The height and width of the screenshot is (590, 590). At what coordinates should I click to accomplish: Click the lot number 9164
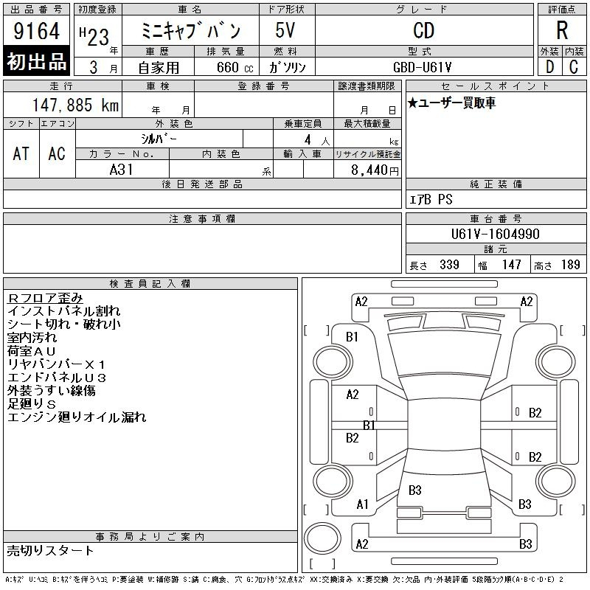[x=36, y=30]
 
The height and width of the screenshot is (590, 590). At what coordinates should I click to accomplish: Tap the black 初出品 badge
[x=36, y=61]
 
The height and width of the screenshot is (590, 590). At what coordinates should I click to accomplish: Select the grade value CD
[x=423, y=30]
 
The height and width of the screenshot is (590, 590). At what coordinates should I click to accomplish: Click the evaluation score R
[x=562, y=30]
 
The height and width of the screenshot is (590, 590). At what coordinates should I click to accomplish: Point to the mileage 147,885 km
[x=76, y=105]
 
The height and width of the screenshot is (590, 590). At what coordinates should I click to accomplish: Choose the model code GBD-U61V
[x=422, y=67]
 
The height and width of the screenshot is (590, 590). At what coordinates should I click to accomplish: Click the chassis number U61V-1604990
[x=495, y=234]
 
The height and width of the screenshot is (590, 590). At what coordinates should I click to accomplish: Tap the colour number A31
[x=121, y=170]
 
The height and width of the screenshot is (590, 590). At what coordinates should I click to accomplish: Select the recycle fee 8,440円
[x=375, y=170]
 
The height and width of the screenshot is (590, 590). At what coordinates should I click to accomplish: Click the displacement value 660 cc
[x=235, y=68]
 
